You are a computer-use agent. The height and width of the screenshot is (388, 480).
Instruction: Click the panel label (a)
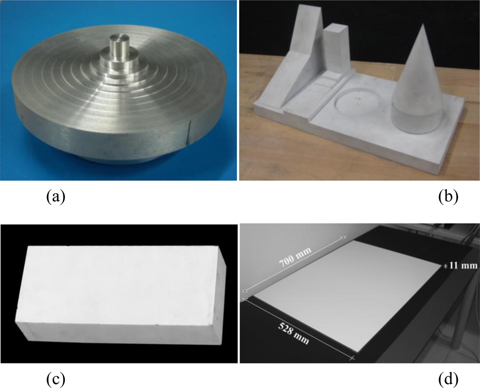coord(56,197)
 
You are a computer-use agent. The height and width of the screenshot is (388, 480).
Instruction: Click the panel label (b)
coord(448,197)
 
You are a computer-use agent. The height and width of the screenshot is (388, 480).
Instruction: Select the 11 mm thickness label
coord(463,265)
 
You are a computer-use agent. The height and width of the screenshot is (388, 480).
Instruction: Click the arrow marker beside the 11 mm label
coord(446,266)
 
